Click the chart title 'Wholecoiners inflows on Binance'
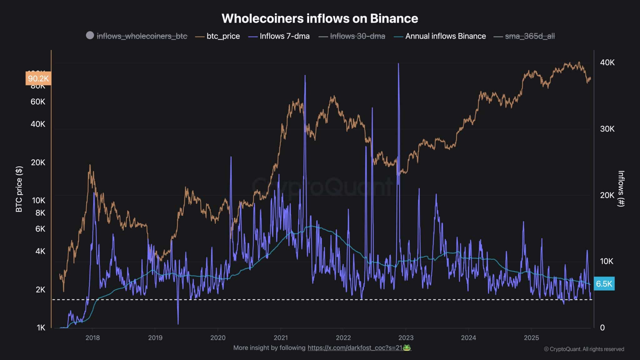320,18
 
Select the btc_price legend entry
223,36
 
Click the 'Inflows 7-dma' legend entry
284,36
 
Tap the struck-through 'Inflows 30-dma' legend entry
357,36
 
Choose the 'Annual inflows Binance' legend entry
445,36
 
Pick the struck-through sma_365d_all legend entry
530,36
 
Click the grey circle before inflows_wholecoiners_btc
90,36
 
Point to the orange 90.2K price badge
38,78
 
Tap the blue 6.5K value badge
604,284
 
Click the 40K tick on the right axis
607,62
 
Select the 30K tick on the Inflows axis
607,129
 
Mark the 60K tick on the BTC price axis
38,102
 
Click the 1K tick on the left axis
41,327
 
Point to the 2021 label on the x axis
281,337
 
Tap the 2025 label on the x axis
531,337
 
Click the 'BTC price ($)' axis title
19,189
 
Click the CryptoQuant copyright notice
584,349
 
